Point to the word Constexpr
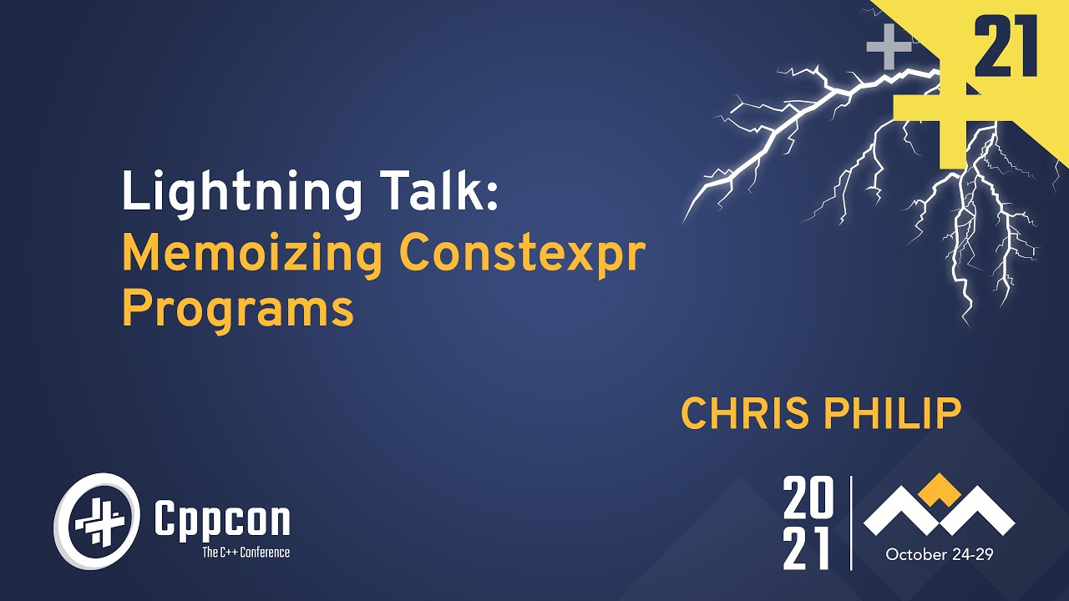(523, 254)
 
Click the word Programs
(238, 310)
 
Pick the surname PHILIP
(900, 414)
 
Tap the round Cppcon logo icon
(94, 522)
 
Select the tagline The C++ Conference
(246, 552)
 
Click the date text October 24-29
(939, 554)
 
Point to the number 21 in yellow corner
(1006, 48)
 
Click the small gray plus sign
(889, 48)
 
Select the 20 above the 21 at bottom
(808, 499)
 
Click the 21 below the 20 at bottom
(808, 548)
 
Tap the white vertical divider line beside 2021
(851, 523)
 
